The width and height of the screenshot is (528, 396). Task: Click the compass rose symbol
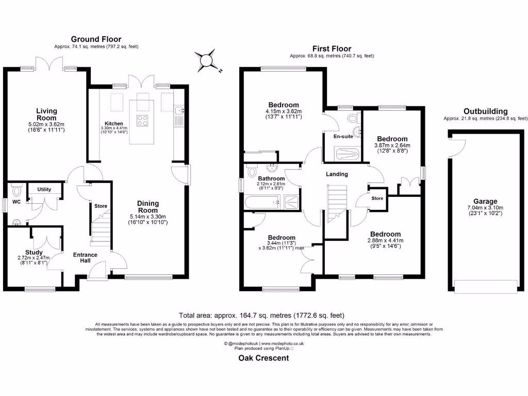tap(206, 61)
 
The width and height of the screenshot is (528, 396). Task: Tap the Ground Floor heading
tap(96, 39)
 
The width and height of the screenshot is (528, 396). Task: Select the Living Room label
tap(46, 114)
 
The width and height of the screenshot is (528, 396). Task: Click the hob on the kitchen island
tap(142, 121)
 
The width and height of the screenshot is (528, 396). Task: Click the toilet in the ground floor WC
tap(16, 191)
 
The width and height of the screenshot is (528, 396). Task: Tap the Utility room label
tap(44, 189)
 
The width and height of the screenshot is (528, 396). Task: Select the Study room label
tap(34, 252)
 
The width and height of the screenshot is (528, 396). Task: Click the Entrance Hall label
tap(85, 258)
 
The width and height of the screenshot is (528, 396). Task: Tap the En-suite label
tap(343, 136)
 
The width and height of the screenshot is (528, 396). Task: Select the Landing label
tap(337, 174)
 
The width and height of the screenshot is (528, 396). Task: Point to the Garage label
tap(485, 202)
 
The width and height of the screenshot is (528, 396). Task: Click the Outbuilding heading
tap(485, 111)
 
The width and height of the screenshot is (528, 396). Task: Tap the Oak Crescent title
tap(263, 358)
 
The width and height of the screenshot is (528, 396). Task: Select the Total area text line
tap(261, 316)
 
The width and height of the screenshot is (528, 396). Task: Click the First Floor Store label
tap(377, 199)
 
